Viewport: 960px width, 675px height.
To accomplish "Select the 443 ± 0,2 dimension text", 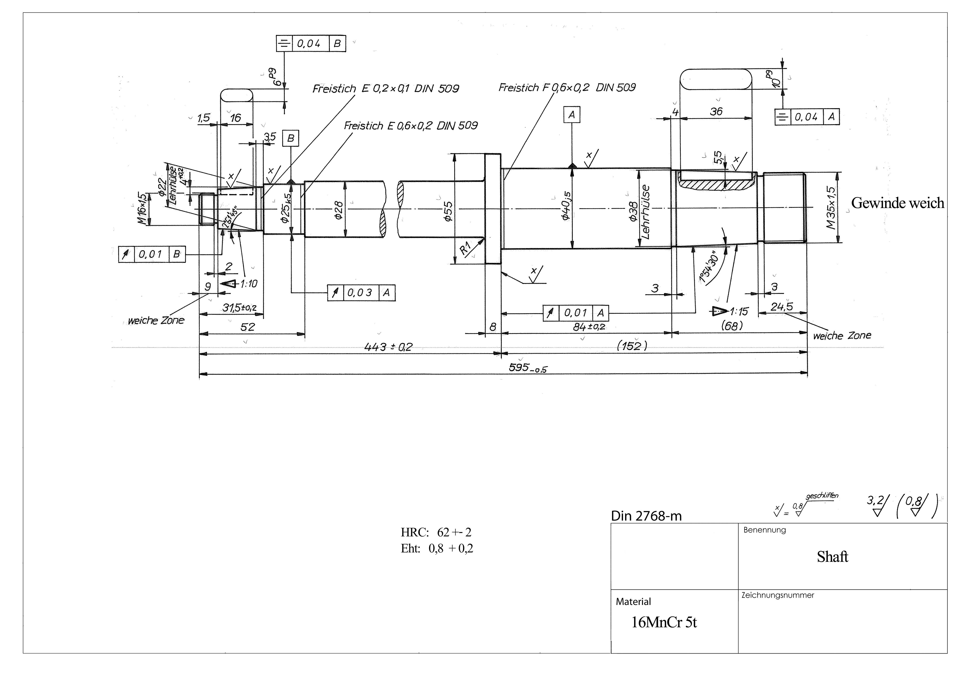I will [x=388, y=347].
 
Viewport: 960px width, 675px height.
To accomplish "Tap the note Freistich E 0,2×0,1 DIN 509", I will [x=385, y=89].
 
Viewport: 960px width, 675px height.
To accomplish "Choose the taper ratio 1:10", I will [x=248, y=284].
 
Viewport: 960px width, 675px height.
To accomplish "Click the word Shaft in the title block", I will [x=832, y=557].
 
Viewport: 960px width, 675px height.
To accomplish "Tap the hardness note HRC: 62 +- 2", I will [x=436, y=532].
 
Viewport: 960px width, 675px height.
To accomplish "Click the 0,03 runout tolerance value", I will [x=360, y=293].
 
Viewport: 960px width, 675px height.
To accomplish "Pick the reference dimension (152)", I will [x=632, y=346].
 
